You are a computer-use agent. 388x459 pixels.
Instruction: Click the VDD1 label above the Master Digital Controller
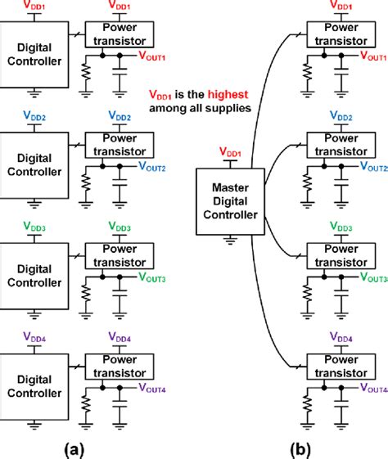click(x=232, y=153)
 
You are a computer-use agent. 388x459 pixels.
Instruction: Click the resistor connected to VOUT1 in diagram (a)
click(x=84, y=79)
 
